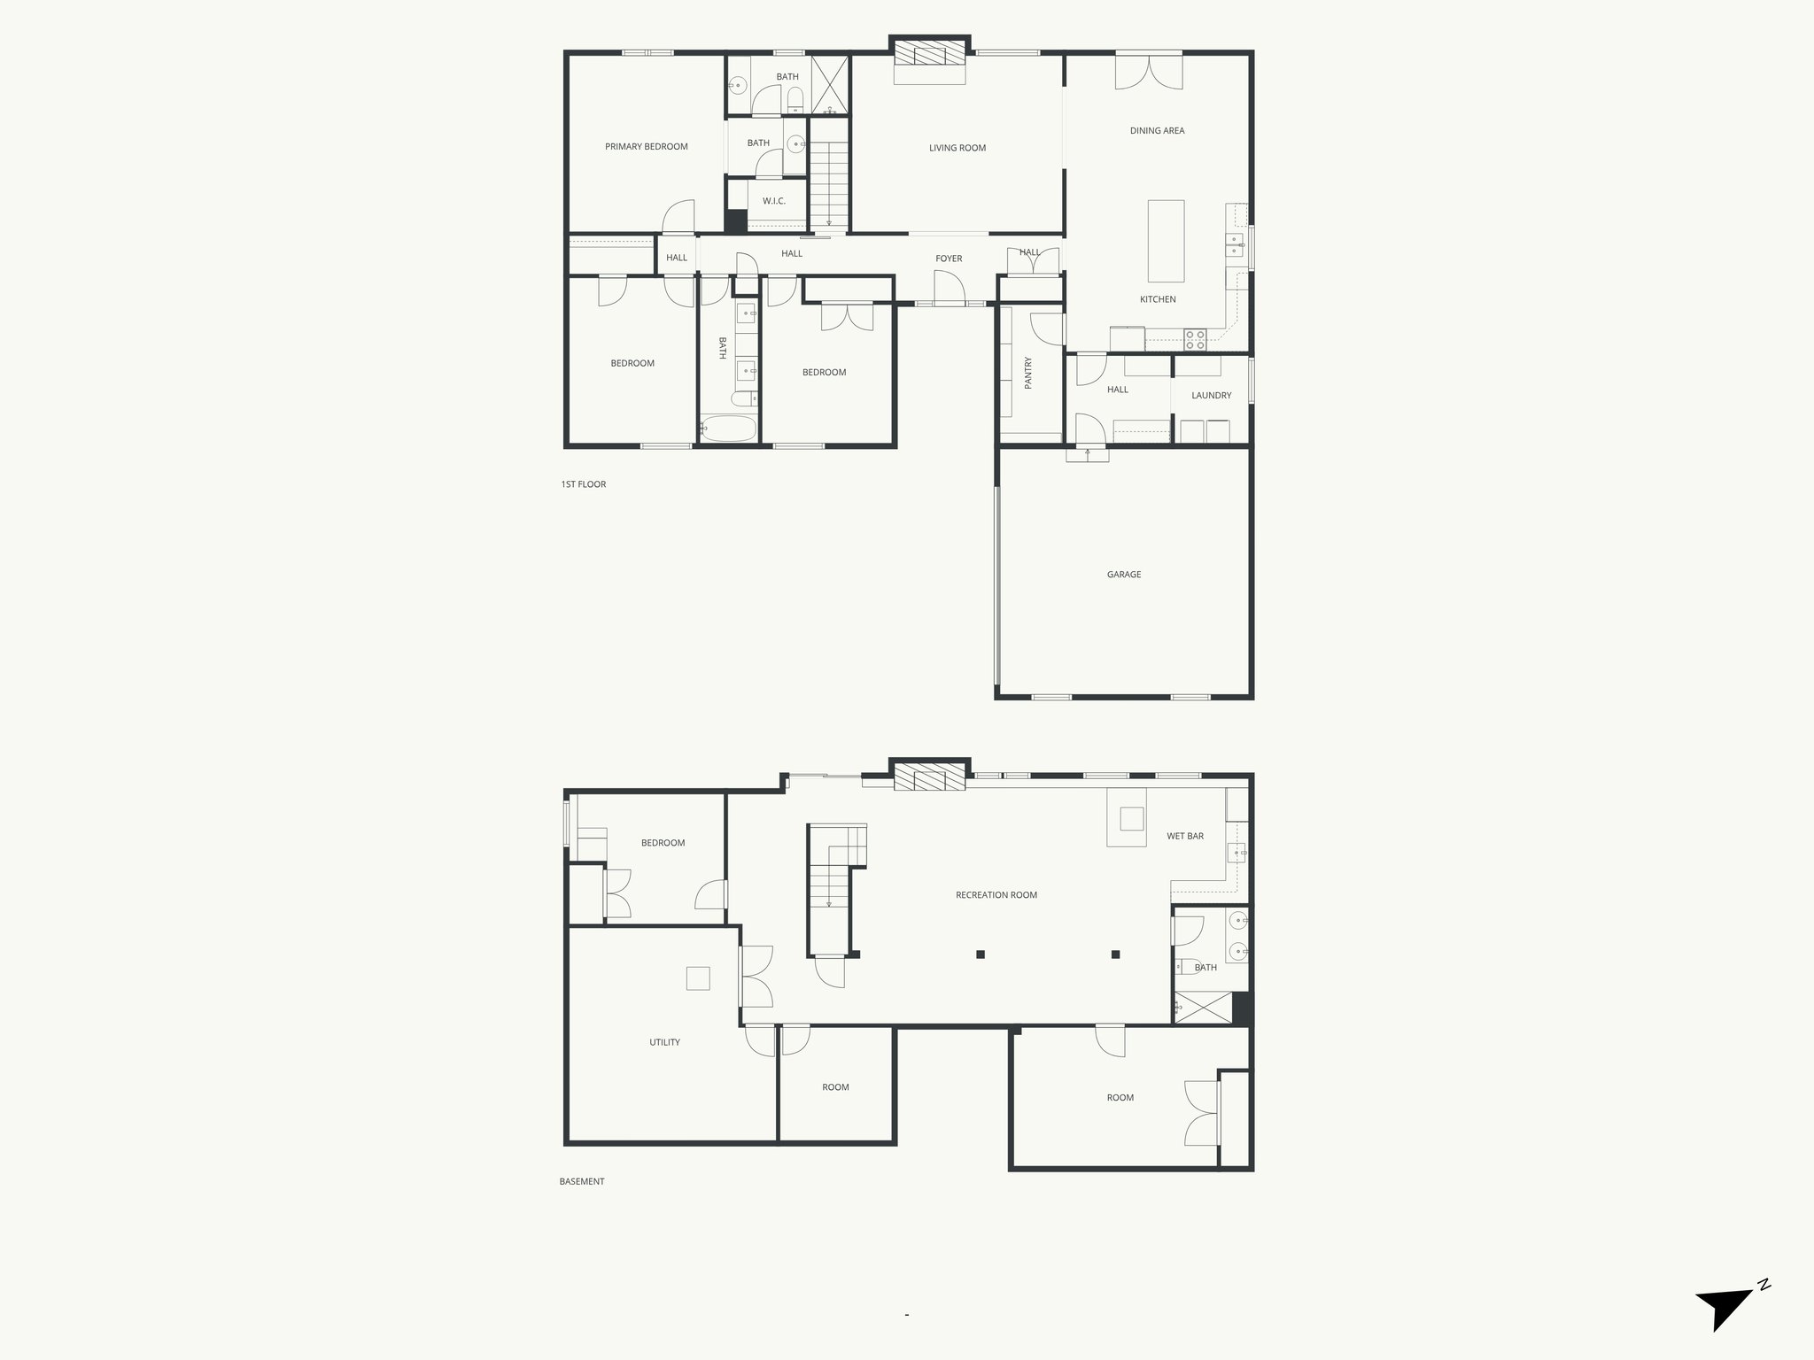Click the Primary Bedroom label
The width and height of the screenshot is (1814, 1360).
pyautogui.click(x=646, y=147)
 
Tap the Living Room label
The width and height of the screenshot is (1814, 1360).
pyautogui.click(x=957, y=148)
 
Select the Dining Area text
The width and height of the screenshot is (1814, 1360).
pyautogui.click(x=1157, y=131)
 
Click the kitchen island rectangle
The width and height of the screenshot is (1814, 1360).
pyautogui.click(x=1166, y=241)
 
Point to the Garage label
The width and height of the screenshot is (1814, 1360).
pyautogui.click(x=1123, y=575)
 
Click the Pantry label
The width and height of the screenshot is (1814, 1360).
pyautogui.click(x=1028, y=373)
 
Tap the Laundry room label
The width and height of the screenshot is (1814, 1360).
pyautogui.click(x=1211, y=396)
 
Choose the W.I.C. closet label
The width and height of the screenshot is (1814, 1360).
pyautogui.click(x=773, y=202)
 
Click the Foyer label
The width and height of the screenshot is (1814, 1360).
pyautogui.click(x=949, y=259)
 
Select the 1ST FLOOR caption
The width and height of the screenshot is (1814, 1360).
pyautogui.click(x=583, y=484)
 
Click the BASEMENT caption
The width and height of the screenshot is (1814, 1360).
pyautogui.click(x=582, y=1181)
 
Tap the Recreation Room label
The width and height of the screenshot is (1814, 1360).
pyautogui.click(x=996, y=895)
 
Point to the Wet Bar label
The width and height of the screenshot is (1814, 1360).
pyautogui.click(x=1184, y=836)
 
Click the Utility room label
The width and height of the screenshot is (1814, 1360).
pyautogui.click(x=664, y=1042)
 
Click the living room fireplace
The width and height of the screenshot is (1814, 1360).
pyautogui.click(x=929, y=56)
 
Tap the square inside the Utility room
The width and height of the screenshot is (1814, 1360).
pyautogui.click(x=698, y=978)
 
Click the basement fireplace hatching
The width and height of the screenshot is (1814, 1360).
pyautogui.click(x=929, y=779)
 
